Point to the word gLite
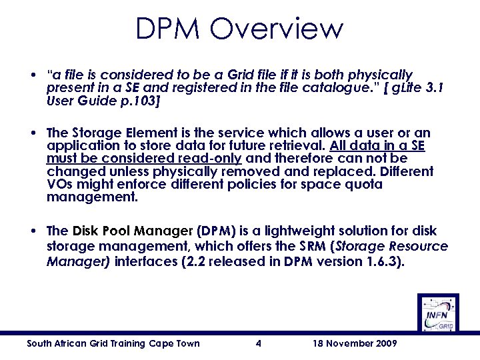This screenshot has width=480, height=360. coord(396,88)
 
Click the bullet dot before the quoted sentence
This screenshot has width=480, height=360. coord(33,75)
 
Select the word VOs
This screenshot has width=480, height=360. coord(58,185)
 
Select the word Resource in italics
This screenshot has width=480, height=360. coord(419,247)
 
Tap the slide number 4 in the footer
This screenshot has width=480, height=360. coord(258,344)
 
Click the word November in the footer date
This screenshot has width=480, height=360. coord(363,344)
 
